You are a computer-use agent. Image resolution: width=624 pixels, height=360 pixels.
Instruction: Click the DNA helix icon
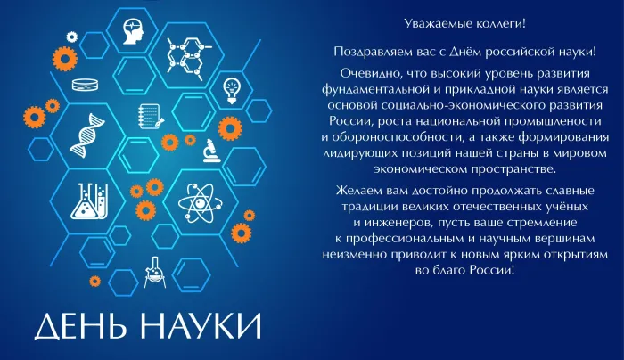86,135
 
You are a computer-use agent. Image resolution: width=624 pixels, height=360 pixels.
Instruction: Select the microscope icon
211,151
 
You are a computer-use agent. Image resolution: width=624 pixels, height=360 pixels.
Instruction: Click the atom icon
200,203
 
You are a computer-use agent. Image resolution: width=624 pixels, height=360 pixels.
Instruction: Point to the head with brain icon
133,32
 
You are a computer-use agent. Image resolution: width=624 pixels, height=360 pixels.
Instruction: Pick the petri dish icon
86,85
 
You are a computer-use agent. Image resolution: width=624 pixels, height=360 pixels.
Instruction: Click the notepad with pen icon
151,116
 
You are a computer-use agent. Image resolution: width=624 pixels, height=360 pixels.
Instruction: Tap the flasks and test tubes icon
89,200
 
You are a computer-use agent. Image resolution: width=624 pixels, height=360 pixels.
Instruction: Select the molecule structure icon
187,56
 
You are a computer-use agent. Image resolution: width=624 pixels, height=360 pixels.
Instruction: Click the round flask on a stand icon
154,272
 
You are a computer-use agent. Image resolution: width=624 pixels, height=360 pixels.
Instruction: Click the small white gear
72,37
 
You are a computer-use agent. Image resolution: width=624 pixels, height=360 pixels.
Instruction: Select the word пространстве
513,169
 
